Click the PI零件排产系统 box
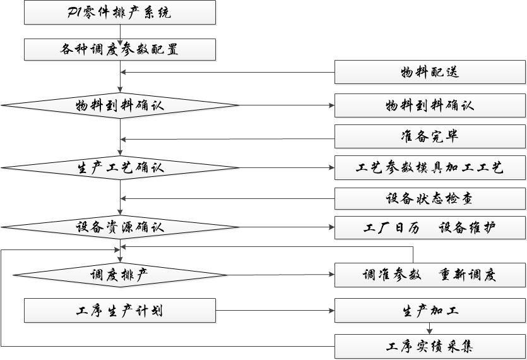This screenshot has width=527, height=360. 119,13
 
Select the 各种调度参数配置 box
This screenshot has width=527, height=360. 119,49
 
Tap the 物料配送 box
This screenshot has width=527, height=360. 429,72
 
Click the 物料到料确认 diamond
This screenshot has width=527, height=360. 119,105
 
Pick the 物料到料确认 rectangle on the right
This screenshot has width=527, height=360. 429,105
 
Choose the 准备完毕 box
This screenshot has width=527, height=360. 429,136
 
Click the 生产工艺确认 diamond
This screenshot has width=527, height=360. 119,168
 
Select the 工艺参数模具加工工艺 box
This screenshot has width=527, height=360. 429,168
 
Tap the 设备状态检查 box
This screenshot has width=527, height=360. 429,199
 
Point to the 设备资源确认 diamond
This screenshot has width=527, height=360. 119,227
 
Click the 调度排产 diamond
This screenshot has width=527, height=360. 119,275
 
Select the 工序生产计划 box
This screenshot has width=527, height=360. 119,311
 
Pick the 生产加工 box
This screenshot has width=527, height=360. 429,311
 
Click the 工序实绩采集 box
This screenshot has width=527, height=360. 429,346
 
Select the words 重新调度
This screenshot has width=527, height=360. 467,275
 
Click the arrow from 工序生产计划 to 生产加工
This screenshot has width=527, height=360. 275,311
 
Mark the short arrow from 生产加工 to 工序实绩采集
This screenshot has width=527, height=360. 429,328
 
